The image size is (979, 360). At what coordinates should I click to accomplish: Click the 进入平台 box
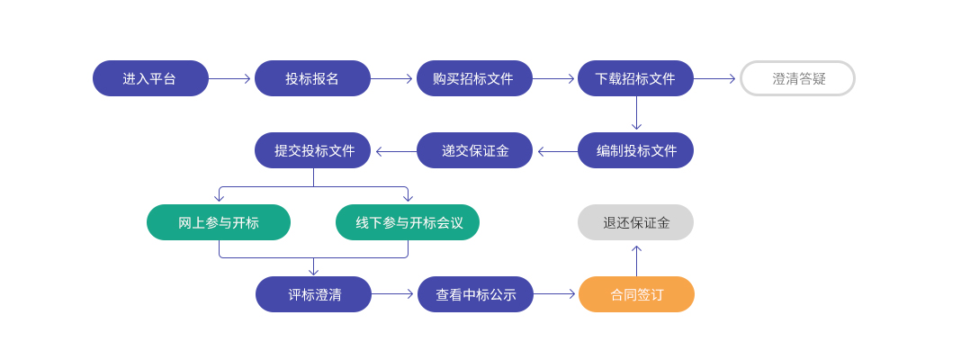coord(150,78)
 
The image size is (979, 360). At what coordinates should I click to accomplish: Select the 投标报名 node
coord(312,78)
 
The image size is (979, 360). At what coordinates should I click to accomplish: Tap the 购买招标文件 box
coord(474,78)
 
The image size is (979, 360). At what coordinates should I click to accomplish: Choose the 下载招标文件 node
coord(635,78)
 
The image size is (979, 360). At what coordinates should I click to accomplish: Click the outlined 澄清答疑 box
coord(797,78)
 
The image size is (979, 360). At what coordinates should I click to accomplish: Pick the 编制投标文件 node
coord(635,150)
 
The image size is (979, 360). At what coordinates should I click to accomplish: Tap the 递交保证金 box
coord(474,150)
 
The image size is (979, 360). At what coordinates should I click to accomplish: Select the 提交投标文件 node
coord(312,150)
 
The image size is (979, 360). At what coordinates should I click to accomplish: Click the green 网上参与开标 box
coord(219,222)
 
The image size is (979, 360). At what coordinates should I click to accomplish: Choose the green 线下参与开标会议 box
coord(408,222)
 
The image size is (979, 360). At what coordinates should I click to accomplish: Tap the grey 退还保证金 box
coord(635,222)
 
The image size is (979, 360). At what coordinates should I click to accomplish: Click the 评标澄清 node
coord(313,294)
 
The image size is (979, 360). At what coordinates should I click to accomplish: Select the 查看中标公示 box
coord(476,294)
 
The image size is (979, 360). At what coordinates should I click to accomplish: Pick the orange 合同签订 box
coord(637,294)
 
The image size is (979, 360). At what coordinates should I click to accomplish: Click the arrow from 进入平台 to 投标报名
coord(229,79)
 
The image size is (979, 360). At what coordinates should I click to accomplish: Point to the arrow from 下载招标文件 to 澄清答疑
coord(714,79)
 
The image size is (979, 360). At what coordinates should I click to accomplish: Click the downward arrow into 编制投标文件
coord(636,113)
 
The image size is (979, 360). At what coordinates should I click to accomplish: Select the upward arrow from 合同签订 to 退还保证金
coord(637,261)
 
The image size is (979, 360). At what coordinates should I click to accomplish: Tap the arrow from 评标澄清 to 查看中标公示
coord(392,294)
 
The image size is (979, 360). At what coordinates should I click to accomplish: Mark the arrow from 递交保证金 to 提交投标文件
coord(396,151)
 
